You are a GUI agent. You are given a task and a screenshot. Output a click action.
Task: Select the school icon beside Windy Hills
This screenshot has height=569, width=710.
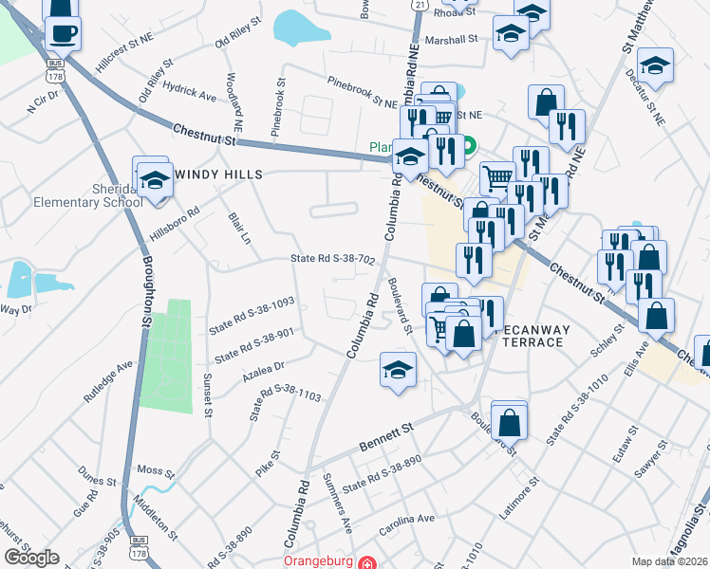(152, 179)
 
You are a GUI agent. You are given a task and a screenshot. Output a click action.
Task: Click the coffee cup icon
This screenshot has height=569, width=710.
(65, 34)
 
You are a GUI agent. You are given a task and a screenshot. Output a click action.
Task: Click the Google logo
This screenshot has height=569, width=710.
(30, 558)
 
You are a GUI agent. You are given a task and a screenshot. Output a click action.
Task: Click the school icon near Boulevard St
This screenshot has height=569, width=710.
(398, 370)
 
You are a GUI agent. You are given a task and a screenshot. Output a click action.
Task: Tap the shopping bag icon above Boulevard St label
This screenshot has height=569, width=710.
(509, 420)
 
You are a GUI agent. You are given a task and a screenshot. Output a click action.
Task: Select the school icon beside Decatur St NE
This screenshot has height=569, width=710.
(655, 67)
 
